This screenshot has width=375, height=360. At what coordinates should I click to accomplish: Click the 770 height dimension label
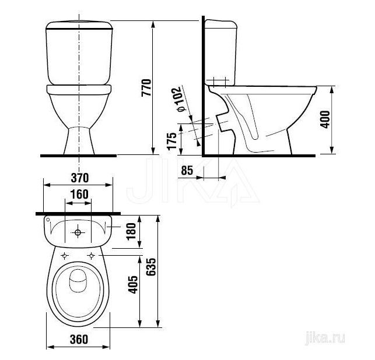tap(146, 88)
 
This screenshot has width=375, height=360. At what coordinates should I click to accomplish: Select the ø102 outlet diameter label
tap(178, 99)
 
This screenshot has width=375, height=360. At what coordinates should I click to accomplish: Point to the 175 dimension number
tap(171, 141)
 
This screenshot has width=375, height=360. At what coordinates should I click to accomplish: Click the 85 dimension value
tap(187, 170)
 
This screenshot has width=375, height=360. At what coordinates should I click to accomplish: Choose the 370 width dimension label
tap(80, 178)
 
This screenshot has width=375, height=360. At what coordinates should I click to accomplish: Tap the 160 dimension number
tap(79, 195)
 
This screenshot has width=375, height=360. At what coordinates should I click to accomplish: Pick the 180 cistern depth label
tap(131, 231)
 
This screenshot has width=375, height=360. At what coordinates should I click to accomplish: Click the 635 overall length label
tap(151, 267)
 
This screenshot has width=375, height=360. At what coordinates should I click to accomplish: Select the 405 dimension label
tap(133, 284)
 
